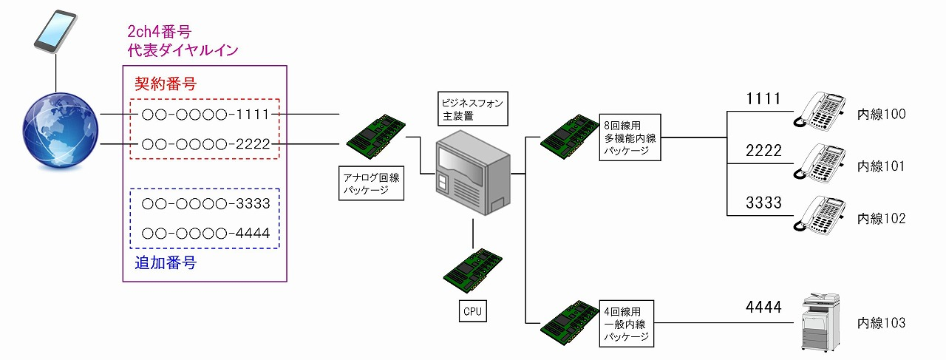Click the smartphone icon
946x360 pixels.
point(55,31)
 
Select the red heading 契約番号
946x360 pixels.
point(165,84)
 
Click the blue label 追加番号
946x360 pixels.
point(165,262)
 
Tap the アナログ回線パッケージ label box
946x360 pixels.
point(372,184)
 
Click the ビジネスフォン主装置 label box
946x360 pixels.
point(472,109)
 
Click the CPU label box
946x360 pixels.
point(472,311)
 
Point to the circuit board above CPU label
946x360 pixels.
point(473,271)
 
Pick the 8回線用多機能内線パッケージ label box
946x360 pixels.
point(630,137)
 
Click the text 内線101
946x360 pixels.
point(881,166)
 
